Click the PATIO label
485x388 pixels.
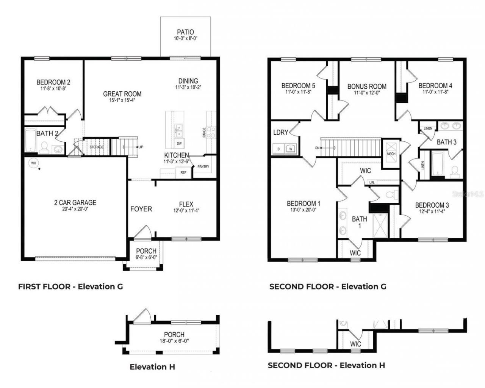click(186, 32)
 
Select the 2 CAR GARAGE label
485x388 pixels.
click(75, 203)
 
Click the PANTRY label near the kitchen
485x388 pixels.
click(203, 167)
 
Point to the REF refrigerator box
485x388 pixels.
click(183, 172)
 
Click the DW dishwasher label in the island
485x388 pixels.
click(179, 144)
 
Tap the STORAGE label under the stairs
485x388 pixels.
click(96, 147)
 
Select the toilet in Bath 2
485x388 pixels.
click(44, 147)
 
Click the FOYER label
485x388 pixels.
click(141, 209)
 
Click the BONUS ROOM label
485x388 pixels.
click(367, 86)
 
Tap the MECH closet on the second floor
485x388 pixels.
click(391, 153)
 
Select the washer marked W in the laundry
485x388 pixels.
click(291, 149)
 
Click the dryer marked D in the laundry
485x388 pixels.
click(278, 149)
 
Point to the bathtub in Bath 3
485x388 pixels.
click(438, 165)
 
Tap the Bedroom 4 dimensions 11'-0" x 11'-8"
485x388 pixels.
click(435, 92)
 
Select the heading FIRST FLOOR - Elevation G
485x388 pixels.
click(70, 286)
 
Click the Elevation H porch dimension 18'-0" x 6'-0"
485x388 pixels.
click(174, 341)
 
